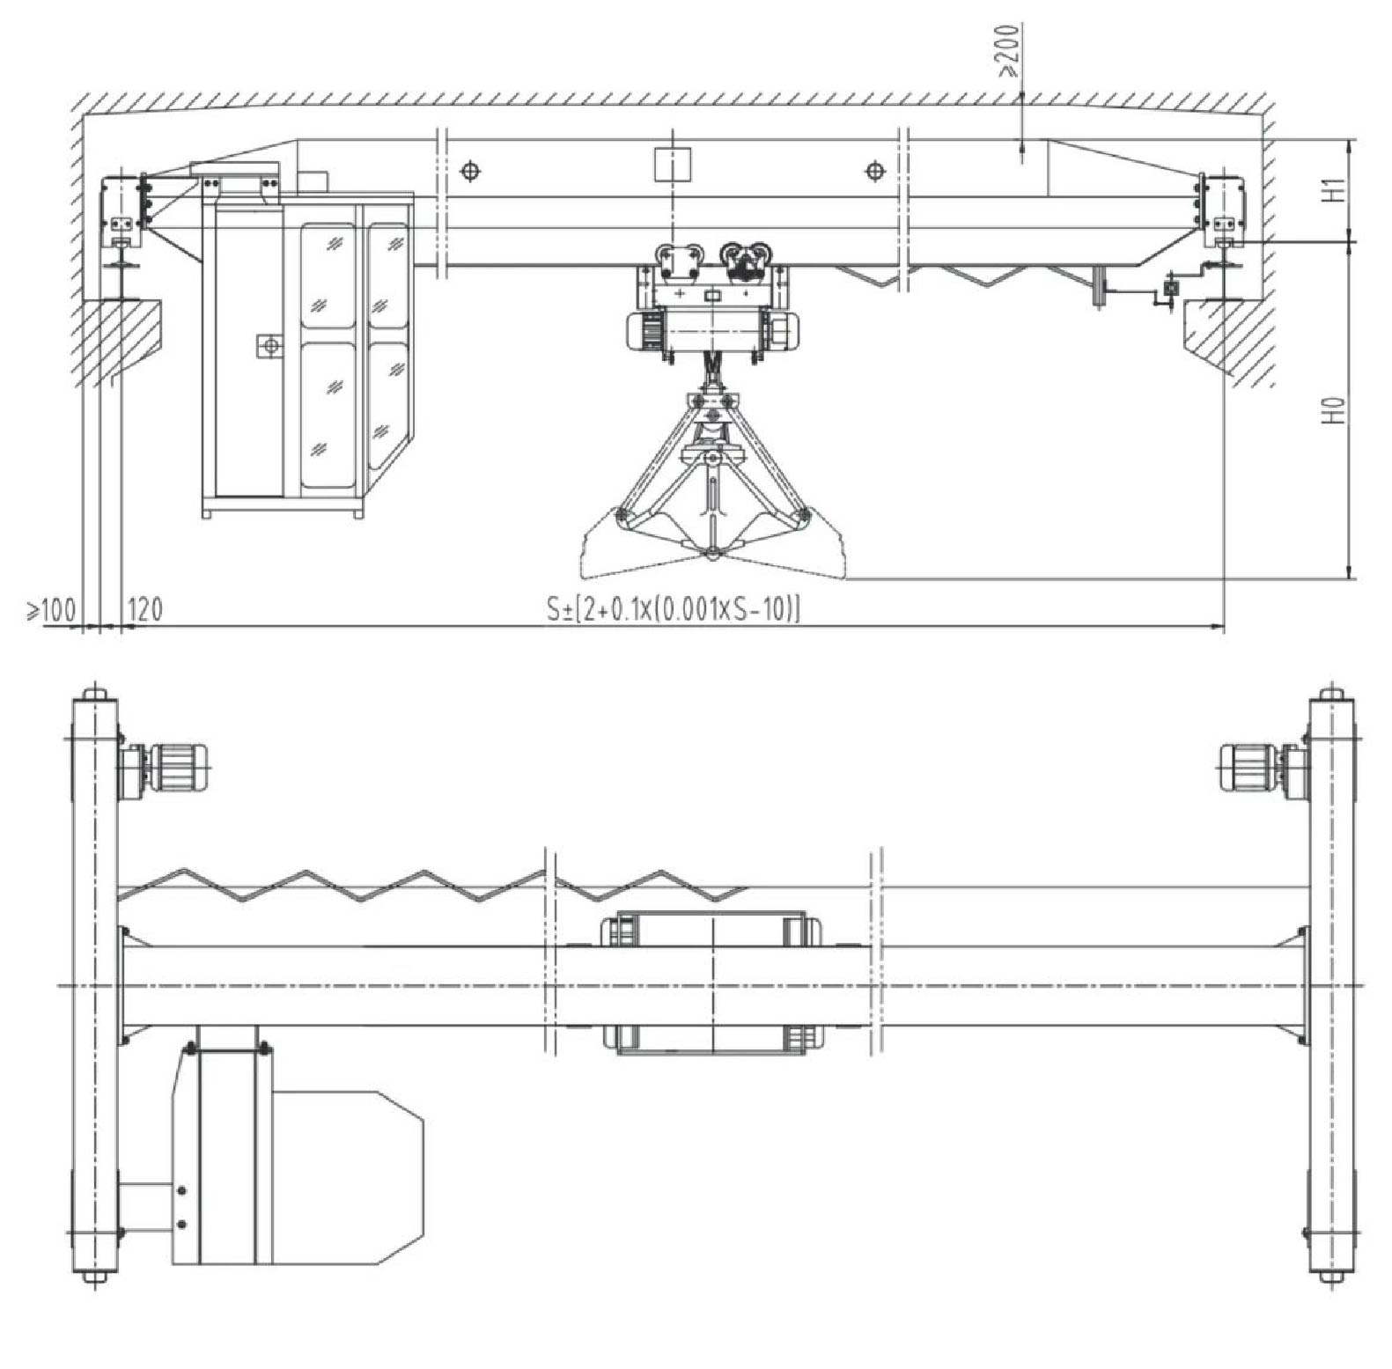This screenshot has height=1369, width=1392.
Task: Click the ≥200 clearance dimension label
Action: click(x=1008, y=50)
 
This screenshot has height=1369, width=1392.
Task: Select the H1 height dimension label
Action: click(x=1337, y=189)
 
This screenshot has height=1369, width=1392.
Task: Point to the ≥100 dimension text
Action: click(x=50, y=608)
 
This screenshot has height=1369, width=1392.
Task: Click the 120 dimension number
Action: click(x=145, y=608)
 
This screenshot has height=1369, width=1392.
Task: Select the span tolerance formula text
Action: click(x=674, y=608)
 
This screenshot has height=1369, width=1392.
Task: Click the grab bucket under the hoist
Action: click(x=712, y=481)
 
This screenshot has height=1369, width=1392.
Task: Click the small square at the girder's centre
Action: click(x=673, y=165)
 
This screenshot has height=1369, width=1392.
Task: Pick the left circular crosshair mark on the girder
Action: click(x=471, y=170)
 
